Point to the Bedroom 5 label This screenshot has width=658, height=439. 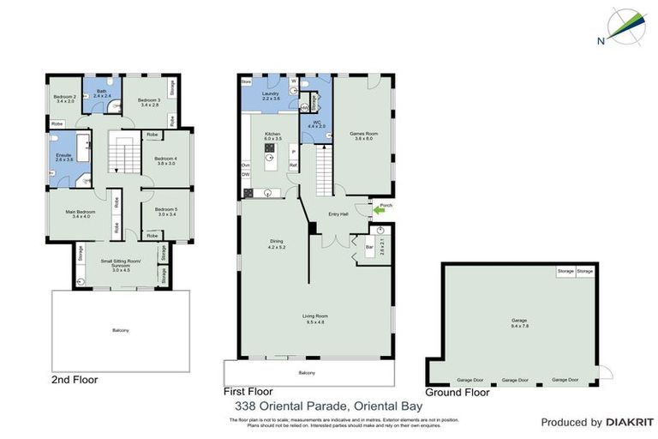tap(164, 212)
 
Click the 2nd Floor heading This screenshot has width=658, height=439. tap(74, 379)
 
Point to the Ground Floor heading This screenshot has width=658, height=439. tap(458, 392)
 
